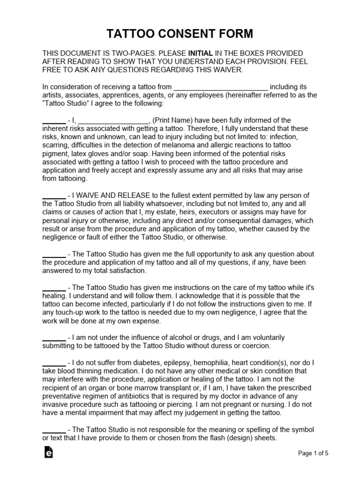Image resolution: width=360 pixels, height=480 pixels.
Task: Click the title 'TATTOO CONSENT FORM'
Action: coord(180,34)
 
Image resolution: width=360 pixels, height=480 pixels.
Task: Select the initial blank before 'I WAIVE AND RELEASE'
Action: coord(54,195)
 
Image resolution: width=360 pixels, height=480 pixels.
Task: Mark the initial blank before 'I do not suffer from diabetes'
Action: coord(54,363)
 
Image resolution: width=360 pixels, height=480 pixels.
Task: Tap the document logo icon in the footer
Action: coord(48,452)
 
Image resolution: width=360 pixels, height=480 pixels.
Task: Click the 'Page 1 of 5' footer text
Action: coord(314,453)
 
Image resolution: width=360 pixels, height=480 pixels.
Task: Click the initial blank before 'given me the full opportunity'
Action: coord(54,254)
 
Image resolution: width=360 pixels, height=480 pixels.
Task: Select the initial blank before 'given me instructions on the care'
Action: coord(54,287)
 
